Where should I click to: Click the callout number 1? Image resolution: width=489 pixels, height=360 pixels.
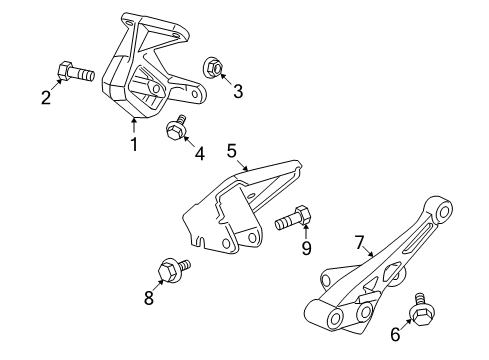pos(132,146)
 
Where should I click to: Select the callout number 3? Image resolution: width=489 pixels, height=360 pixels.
pos(238,92)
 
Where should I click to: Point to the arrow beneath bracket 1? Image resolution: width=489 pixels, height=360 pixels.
pos(133,126)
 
